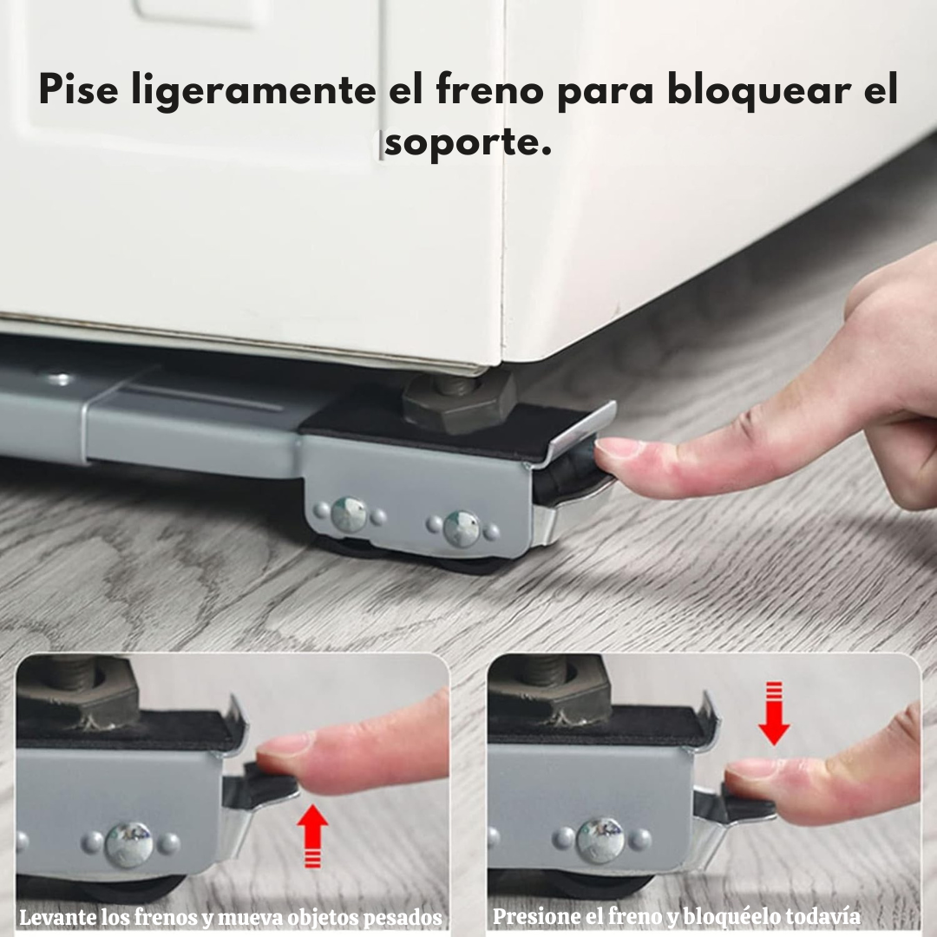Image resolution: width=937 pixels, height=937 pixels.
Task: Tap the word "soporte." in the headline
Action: pos(468,143)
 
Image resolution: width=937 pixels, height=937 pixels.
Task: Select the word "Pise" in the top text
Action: pos(78,89)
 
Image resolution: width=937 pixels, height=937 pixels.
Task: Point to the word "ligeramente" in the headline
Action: pos(253,91)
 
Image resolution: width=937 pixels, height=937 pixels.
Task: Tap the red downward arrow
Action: pos(774,713)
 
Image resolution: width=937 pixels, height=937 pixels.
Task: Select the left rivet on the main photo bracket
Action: pos(349,514)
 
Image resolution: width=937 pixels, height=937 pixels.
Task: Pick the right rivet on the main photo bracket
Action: pos(461,528)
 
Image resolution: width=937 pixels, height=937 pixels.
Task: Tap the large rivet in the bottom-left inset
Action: pos(128,844)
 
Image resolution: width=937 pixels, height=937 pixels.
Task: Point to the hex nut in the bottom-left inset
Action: pos(78,687)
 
